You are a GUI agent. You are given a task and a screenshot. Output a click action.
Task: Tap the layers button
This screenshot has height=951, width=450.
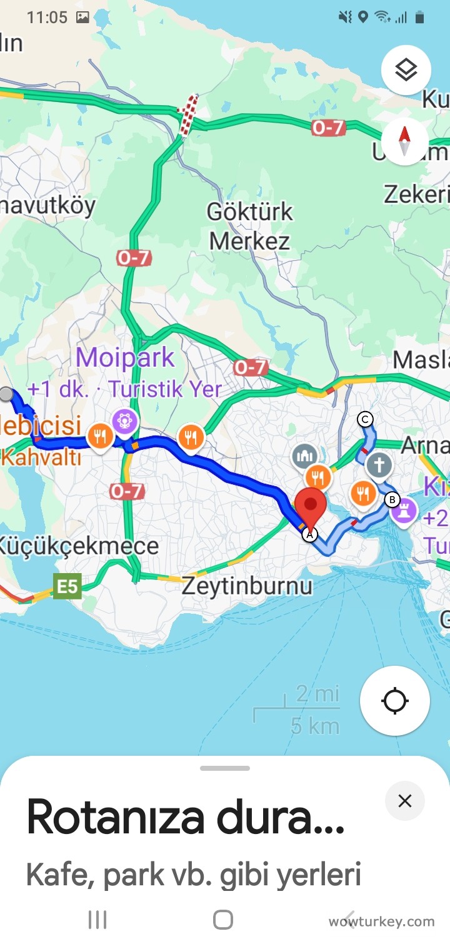(x=406, y=70)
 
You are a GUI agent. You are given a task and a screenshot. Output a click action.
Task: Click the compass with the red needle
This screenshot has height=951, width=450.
(x=404, y=140)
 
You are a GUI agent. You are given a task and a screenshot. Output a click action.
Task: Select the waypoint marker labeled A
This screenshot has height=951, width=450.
(x=309, y=535)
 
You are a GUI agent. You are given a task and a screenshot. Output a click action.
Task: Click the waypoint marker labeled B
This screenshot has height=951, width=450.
(x=392, y=499)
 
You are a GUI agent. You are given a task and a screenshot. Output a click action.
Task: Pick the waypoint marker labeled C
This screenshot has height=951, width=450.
(x=365, y=419)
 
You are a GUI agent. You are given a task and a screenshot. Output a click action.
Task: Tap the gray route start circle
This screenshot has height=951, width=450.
(x=6, y=394)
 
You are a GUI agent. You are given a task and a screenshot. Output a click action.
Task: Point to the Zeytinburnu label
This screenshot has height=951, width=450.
(x=246, y=586)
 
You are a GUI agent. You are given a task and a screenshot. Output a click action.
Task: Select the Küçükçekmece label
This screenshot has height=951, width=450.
(x=79, y=546)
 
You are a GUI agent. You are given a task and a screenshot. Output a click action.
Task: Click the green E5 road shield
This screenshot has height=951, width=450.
(x=67, y=587)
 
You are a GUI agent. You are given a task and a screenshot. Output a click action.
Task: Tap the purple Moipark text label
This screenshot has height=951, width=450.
(x=125, y=358)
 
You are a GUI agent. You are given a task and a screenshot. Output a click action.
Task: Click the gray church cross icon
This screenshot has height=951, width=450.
(x=379, y=465)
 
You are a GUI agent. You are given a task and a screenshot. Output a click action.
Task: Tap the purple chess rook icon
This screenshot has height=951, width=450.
(x=404, y=511)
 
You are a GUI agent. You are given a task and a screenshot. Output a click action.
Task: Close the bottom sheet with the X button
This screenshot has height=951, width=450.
(x=405, y=801)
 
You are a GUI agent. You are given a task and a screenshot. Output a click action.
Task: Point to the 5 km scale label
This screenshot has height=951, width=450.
(x=315, y=726)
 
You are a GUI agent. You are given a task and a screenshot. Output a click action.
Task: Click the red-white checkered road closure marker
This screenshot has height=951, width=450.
(x=188, y=114)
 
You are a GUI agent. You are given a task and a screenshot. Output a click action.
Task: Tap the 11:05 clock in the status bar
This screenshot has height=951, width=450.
(x=47, y=17)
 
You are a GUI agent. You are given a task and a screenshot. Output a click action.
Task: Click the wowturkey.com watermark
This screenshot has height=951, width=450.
(x=381, y=921)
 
